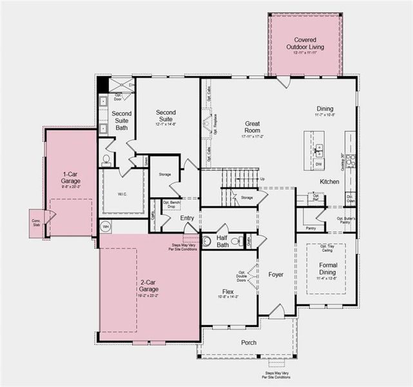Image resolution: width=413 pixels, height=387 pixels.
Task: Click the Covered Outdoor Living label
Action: click(x=305, y=43)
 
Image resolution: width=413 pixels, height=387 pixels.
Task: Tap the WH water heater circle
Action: click(x=106, y=226)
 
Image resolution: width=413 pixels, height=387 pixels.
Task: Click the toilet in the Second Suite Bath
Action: click(x=107, y=159)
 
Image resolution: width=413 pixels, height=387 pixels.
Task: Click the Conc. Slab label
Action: click(x=35, y=221)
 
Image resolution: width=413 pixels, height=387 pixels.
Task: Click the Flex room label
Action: click(x=227, y=292)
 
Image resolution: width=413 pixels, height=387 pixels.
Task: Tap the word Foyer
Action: click(x=276, y=274)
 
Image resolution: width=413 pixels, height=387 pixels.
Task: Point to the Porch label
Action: click(x=249, y=342)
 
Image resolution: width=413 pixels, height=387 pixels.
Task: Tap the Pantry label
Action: click(x=310, y=228)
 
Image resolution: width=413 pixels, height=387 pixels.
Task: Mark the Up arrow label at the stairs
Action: click(x=261, y=179)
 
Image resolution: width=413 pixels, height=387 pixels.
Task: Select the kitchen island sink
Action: click(x=319, y=150)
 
